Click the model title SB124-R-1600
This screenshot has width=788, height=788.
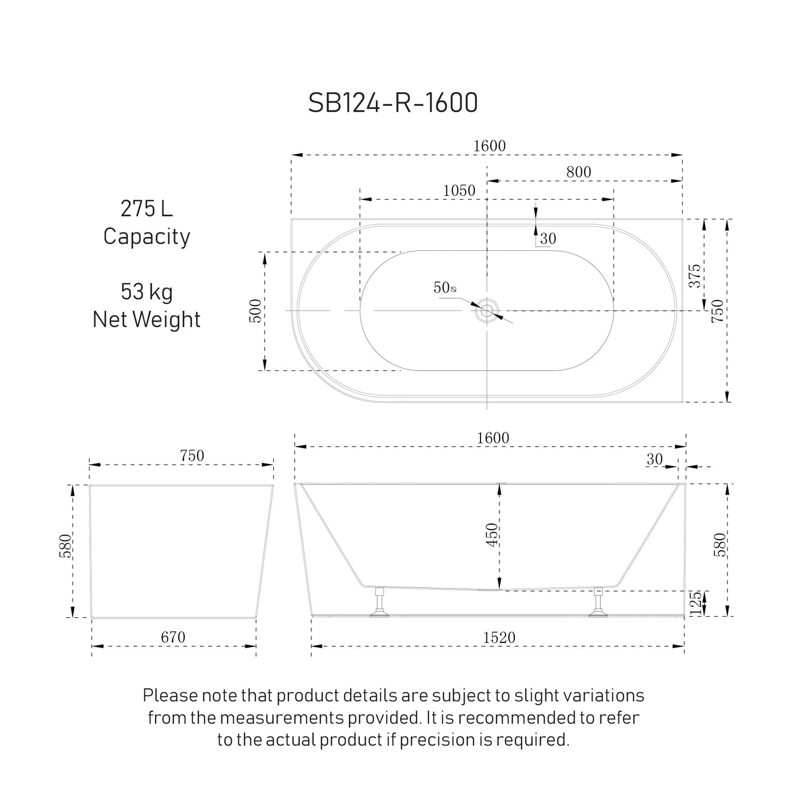click(393, 103)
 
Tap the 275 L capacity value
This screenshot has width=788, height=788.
click(146, 209)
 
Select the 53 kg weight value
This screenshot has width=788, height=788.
click(146, 292)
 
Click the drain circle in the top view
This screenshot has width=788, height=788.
click(486, 311)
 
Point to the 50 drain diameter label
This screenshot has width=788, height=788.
click(442, 287)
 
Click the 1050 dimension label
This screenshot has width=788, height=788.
click(459, 190)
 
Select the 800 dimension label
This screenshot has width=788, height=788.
click(579, 172)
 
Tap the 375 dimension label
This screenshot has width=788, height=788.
click(694, 276)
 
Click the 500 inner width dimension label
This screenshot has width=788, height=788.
click(255, 311)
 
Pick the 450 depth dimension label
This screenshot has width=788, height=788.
click(491, 535)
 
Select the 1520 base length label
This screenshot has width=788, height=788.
click(498, 637)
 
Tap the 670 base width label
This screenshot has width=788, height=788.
click(173, 637)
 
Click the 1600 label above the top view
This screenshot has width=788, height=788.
click(489, 146)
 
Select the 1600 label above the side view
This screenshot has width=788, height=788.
click(492, 438)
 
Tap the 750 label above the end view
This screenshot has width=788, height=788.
click(191, 455)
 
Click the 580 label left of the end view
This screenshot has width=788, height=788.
click(65, 546)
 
